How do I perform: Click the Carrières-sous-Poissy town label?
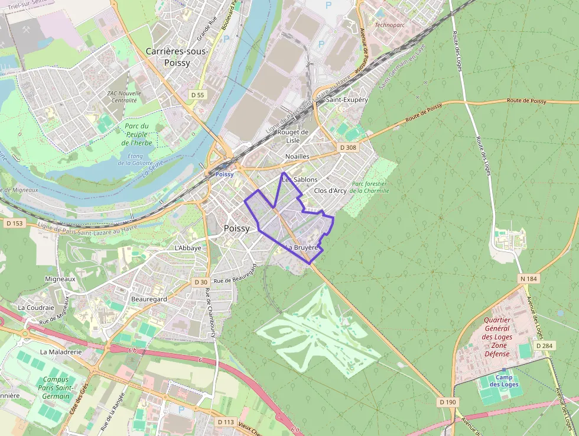pos(177,57)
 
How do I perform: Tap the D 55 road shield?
pos(197,95)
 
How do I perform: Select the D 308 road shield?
pos(347,147)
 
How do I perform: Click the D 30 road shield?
pos(200,282)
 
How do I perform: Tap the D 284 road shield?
pos(543,345)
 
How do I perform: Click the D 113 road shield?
pos(226,422)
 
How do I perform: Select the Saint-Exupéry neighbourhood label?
pos(347,100)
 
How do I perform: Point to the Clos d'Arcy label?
pos(330,190)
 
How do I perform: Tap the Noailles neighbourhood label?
pos(297,156)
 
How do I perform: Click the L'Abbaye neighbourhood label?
pos(188,248)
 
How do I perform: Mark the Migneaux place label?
pos(60,279)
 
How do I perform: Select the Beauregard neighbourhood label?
pos(149,299)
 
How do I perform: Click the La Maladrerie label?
pos(60,351)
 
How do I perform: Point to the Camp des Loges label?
pos(504,381)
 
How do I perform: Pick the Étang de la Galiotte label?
pos(135,159)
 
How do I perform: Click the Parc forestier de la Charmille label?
pos(369,187)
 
